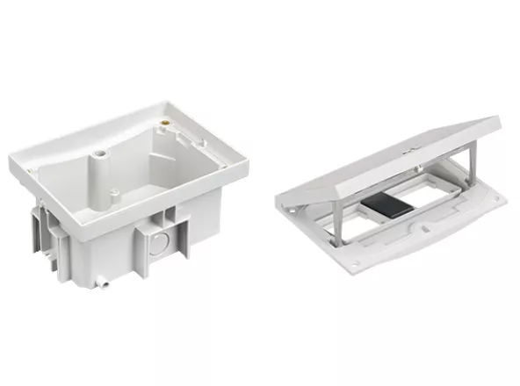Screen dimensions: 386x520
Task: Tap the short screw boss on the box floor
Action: (117, 191)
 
